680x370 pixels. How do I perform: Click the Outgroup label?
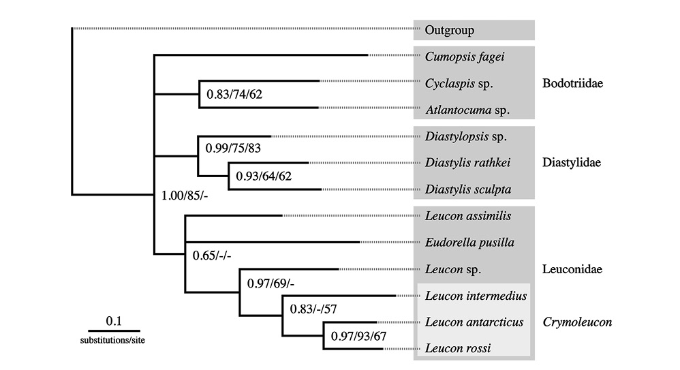[x=449, y=31]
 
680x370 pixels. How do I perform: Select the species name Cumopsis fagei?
[x=465, y=57]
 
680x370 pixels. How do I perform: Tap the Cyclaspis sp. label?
[x=459, y=83]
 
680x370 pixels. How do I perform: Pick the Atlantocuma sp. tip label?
[x=467, y=110]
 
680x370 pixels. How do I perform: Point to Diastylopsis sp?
[x=466, y=137]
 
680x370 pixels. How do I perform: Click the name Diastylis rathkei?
[x=467, y=163]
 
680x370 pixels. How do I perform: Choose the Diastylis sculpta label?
[x=468, y=189]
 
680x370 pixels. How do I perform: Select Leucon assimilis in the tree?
[x=468, y=216]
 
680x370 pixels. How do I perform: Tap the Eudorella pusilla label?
[x=469, y=243]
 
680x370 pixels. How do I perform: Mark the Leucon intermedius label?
[x=476, y=296]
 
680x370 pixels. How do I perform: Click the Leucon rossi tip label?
[x=458, y=348]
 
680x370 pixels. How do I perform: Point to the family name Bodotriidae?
[x=572, y=83]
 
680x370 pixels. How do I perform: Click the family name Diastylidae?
[x=572, y=163]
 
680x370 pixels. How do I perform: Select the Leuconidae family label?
[x=572, y=269]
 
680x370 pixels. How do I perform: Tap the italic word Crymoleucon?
[x=577, y=322]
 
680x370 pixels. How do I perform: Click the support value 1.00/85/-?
[x=185, y=196]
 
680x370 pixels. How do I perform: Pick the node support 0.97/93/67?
[x=358, y=336]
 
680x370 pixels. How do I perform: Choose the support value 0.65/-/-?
[x=212, y=256]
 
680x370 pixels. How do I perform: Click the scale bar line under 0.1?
[x=114, y=331]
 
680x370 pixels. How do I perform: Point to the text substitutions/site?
[x=112, y=341]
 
